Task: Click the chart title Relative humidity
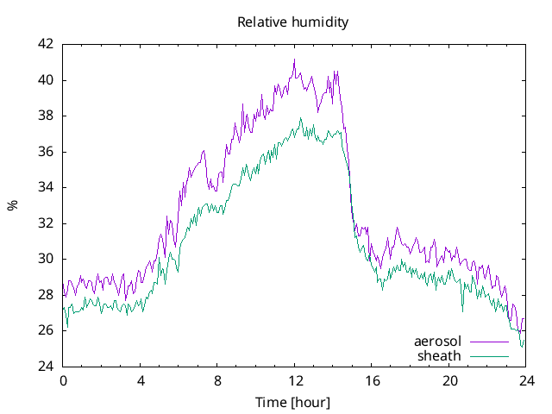[293, 22]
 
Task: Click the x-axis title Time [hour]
[293, 403]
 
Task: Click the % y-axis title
[12, 205]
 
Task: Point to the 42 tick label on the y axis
[46, 44]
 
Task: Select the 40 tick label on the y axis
[46, 80]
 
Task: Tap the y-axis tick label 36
[46, 152]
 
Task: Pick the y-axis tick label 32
[46, 223]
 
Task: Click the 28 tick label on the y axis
[46, 295]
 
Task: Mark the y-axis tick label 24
[46, 367]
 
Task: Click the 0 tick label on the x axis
[63, 380]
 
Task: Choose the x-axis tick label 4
[141, 380]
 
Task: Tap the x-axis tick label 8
[217, 380]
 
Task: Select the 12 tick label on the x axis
[295, 380]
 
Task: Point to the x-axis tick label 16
[372, 380]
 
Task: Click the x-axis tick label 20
[449, 380]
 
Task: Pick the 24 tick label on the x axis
[526, 380]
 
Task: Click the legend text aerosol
[437, 342]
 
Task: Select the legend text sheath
[440, 355]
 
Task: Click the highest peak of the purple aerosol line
[294, 60]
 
